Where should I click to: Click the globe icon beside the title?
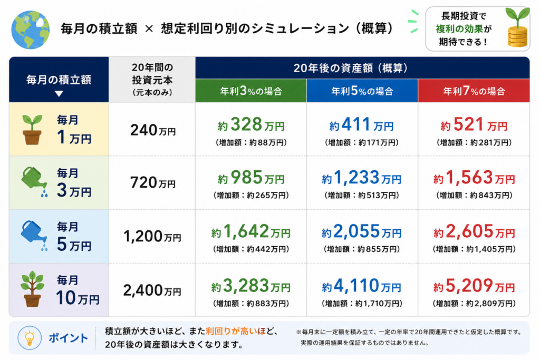[30, 30]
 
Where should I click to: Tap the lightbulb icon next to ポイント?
[30, 338]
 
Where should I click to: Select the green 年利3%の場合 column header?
[250, 91]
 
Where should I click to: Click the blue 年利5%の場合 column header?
[362, 91]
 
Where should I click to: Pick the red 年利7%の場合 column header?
[474, 91]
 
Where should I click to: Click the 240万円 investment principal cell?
[153, 130]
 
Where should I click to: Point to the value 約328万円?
[251, 124]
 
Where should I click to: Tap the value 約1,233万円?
[362, 178]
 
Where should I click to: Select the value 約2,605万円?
[474, 231]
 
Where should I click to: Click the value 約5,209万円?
[474, 286]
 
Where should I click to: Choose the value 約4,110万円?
[362, 286]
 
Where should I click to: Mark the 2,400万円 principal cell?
[152, 291]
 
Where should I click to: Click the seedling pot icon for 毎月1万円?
[32, 130]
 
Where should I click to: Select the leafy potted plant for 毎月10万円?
[32, 289]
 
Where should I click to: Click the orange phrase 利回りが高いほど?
[236, 331]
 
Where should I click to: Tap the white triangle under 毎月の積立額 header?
[59, 94]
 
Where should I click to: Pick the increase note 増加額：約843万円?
[474, 196]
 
